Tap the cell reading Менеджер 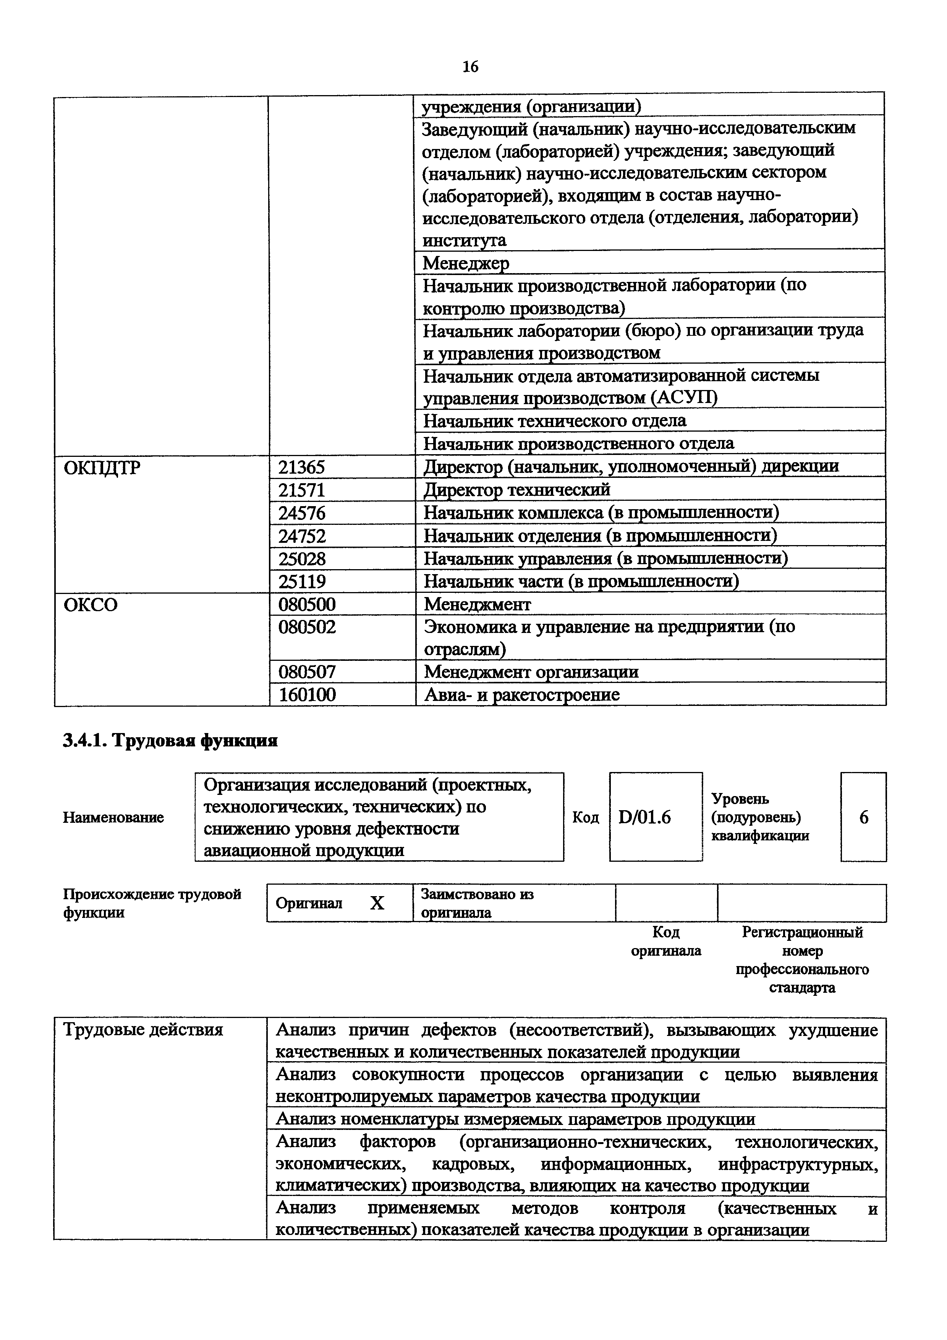[466, 263]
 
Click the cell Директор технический [517, 490]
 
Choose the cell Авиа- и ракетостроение [522, 694]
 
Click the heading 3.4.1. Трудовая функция [170, 741]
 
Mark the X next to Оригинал [377, 903]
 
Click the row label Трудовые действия [143, 1029]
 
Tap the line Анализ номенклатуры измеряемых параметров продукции [515, 1119]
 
